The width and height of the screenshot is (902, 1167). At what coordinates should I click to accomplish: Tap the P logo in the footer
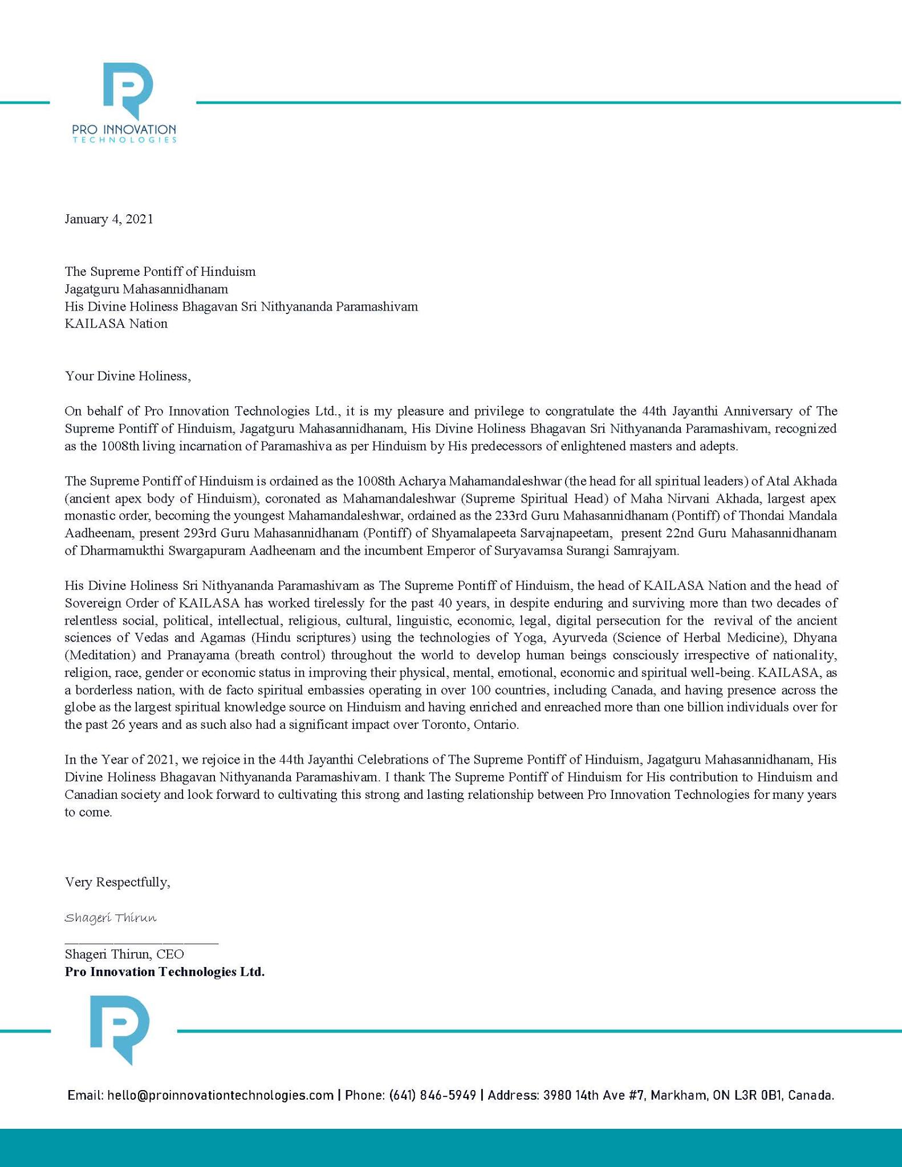(x=120, y=1029)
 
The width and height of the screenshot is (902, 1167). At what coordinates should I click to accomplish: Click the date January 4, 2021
(x=109, y=219)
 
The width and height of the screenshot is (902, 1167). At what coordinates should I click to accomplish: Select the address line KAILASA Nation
(x=116, y=324)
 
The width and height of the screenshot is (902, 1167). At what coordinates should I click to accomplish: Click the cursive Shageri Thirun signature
(x=111, y=918)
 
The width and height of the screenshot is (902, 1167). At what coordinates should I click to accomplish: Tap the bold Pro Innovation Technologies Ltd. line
(x=165, y=972)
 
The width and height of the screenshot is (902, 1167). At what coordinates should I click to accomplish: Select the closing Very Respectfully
(x=117, y=882)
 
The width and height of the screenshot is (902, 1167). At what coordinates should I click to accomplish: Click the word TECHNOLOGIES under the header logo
(x=124, y=140)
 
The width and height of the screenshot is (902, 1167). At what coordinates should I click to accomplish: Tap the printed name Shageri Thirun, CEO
(x=124, y=954)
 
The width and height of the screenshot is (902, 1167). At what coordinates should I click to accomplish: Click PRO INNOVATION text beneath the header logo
(x=124, y=130)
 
